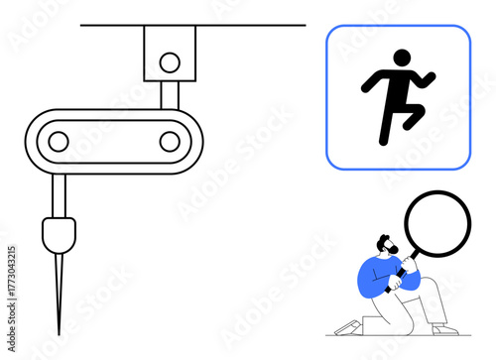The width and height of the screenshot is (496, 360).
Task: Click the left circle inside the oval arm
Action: coord(60,142)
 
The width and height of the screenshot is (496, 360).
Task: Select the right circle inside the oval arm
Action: coord(171,142)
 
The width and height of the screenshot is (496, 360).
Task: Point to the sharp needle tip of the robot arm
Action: coord(59,331)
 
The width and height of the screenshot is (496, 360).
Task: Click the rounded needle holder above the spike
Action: coord(59,236)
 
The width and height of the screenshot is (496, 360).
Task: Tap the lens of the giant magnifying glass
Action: coord(436,225)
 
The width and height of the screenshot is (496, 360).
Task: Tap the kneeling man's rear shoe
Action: coord(346,327)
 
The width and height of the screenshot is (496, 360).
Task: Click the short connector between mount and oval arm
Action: coord(170,94)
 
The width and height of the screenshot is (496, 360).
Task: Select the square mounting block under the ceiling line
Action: coord(170,53)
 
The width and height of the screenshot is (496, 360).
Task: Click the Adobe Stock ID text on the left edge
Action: coord(11,288)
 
